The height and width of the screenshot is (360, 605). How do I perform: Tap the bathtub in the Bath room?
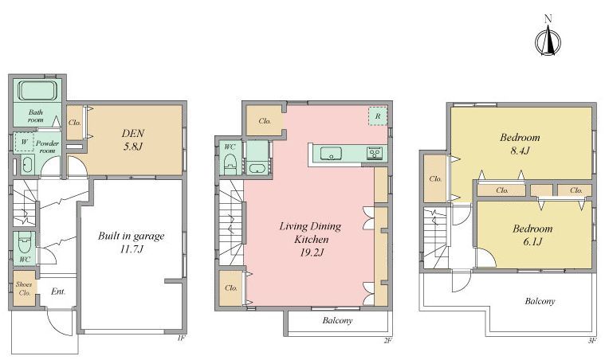pyautogui.click(x=37, y=91)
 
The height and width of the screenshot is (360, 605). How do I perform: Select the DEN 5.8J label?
pyautogui.click(x=133, y=139)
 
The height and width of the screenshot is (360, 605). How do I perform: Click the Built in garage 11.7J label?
pyautogui.click(x=132, y=242)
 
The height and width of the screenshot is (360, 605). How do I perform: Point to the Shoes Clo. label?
pyautogui.click(x=24, y=288)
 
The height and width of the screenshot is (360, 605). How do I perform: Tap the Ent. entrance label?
pyautogui.click(x=58, y=292)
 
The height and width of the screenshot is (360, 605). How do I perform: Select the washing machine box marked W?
pyautogui.click(x=24, y=143)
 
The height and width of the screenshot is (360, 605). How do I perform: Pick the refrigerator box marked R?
pyautogui.click(x=378, y=116)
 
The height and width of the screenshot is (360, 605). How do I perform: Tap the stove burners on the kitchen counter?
pyautogui.click(x=374, y=153)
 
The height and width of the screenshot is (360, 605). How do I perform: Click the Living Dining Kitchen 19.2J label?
pyautogui.click(x=311, y=239)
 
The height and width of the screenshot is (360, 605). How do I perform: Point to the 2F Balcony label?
pyautogui.click(x=338, y=320)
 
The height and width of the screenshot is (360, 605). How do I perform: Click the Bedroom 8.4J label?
pyautogui.click(x=521, y=143)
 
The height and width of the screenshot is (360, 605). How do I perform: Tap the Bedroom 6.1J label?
pyautogui.click(x=532, y=235)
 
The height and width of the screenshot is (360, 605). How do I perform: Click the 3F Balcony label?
pyautogui.click(x=540, y=301)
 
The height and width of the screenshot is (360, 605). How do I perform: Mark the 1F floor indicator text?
pyautogui.click(x=182, y=338)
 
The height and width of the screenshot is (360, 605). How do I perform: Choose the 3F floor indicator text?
pyautogui.click(x=592, y=340)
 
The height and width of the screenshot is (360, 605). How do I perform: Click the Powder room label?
pyautogui.click(x=48, y=147)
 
